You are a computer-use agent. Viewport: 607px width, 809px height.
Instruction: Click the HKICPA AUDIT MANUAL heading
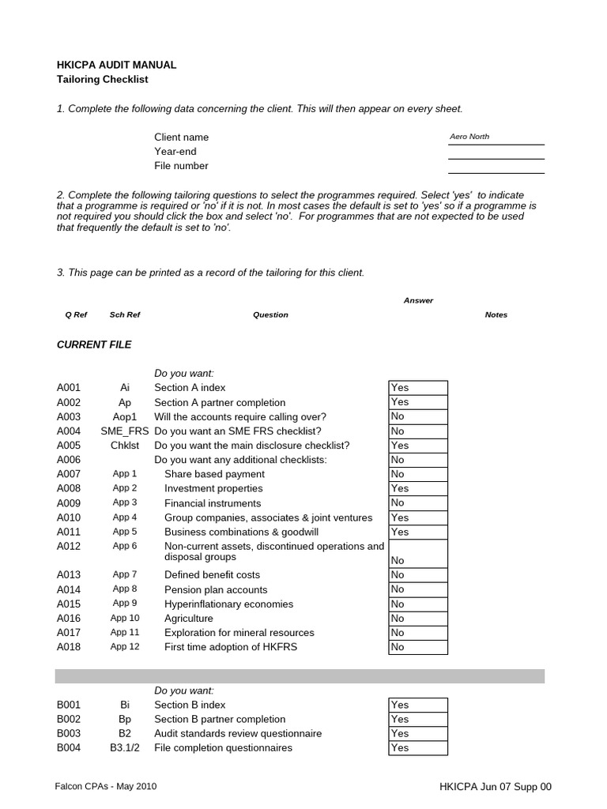(116, 65)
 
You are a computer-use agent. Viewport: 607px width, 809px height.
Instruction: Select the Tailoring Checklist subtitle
(102, 80)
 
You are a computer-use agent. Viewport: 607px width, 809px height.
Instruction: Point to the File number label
(181, 166)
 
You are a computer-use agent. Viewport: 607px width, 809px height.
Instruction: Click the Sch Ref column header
(125, 314)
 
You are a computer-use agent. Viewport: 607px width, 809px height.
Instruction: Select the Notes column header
(496, 314)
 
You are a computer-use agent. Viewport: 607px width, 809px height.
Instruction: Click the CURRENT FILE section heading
(94, 345)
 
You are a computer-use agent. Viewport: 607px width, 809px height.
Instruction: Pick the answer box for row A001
(417, 388)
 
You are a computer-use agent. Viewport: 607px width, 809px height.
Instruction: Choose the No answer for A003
(417, 416)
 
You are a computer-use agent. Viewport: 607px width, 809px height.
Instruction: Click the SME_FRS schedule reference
(125, 431)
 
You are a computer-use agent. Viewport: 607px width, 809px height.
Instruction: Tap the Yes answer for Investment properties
(417, 489)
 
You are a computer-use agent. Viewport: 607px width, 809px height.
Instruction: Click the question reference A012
(69, 546)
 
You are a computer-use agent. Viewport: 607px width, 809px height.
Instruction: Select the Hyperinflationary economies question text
(228, 604)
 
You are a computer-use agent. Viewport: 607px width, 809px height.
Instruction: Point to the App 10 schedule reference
(125, 619)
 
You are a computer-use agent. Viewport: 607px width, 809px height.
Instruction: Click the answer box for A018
(417, 647)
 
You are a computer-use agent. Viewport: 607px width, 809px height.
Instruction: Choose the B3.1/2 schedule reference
(125, 748)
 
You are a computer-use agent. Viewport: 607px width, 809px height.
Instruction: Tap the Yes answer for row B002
(417, 719)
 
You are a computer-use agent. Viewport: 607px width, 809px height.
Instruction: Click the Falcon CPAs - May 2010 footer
(111, 787)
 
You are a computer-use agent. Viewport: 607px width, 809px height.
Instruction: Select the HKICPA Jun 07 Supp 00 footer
(496, 787)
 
